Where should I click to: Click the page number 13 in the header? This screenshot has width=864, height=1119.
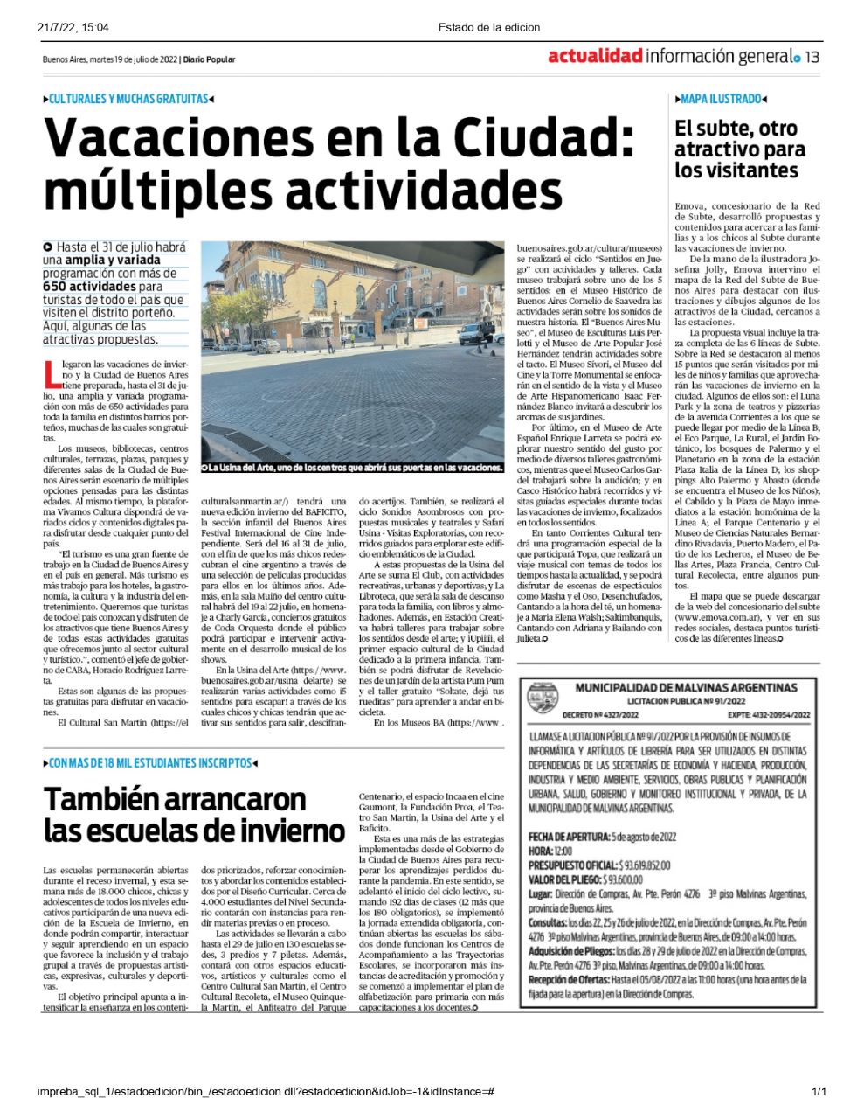[x=812, y=57]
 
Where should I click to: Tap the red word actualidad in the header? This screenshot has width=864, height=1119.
[x=595, y=57]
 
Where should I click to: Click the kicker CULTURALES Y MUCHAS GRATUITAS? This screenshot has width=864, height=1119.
[x=128, y=100]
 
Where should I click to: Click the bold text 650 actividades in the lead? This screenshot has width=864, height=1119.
[x=90, y=286]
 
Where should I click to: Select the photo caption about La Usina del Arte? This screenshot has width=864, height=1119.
[x=353, y=468]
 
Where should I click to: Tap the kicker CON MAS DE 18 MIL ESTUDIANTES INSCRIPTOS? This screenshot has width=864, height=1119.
[x=151, y=763]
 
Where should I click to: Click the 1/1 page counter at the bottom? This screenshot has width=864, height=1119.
[x=819, y=1091]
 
